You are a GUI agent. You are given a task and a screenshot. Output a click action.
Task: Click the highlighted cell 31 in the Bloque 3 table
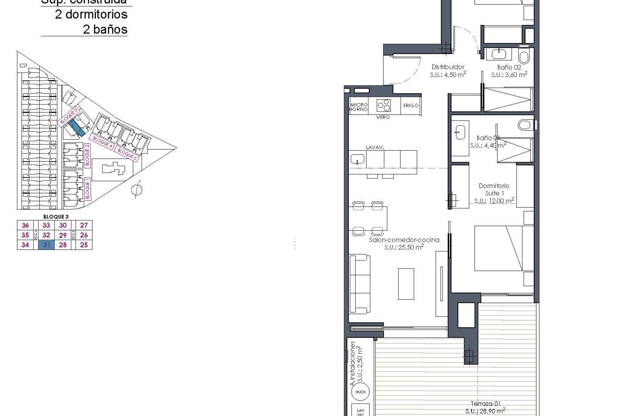46,245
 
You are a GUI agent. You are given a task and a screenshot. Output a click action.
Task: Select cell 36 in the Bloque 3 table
25,225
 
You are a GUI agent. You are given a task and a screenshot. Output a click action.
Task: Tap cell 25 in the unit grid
84,245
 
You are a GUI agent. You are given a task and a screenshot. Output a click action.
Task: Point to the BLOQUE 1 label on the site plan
87,188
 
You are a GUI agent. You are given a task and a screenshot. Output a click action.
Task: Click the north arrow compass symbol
137,189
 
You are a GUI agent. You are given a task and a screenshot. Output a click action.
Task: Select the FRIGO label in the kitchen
411,106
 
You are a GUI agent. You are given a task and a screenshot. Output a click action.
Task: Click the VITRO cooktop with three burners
384,105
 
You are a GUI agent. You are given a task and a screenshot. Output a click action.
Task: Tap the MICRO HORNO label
358,107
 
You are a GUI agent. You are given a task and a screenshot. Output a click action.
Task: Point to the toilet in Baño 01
524,124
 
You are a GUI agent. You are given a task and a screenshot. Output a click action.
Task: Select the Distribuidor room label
448,67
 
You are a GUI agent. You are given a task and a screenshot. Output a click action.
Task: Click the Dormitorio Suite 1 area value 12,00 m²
494,201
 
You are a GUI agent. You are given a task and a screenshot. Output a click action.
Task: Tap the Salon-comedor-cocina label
404,240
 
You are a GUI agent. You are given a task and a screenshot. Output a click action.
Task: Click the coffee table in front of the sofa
406,284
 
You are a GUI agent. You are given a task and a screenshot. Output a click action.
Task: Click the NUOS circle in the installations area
360,392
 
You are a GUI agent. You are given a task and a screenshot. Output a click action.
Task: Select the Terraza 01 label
486,404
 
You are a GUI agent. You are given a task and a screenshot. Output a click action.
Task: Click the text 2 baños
105,29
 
